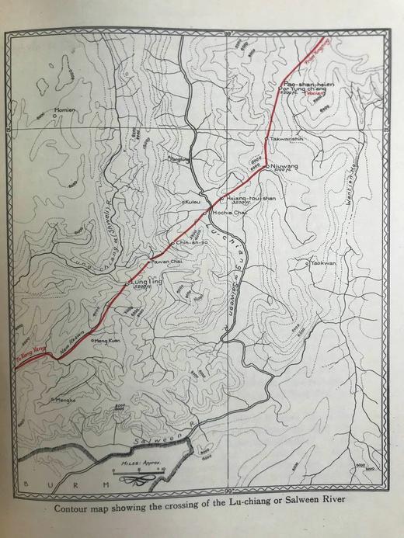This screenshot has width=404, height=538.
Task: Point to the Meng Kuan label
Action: [109, 340]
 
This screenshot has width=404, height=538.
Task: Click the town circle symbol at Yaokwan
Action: [308, 264]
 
